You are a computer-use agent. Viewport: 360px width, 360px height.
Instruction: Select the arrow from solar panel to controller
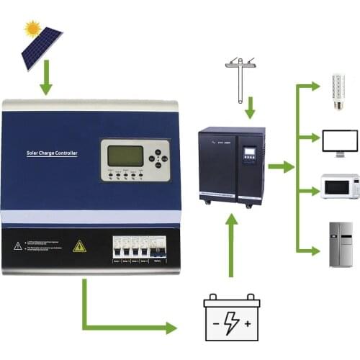click(46, 81)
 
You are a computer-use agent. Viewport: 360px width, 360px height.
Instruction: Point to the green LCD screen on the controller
click(125, 156)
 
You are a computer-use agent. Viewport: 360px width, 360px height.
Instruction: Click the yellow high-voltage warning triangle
click(80, 246)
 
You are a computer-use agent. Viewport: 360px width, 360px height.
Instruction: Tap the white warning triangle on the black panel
click(17, 246)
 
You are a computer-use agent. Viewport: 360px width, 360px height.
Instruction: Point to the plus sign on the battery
click(248, 325)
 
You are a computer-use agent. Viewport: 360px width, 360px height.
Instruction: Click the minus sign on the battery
click(215, 325)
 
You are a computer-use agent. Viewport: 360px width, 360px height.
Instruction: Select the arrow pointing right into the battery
click(169, 328)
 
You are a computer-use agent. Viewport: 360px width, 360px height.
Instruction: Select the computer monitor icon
click(340, 141)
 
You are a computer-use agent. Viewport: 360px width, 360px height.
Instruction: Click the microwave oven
click(340, 186)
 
